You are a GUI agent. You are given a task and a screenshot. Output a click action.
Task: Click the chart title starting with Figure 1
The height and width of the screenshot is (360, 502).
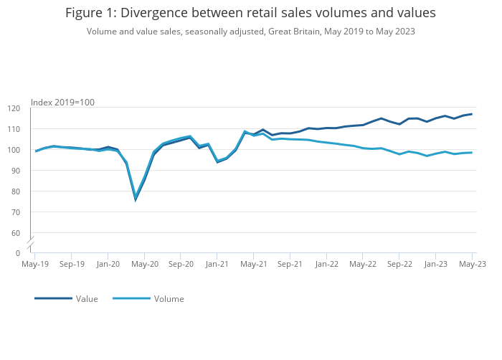tap(250, 13)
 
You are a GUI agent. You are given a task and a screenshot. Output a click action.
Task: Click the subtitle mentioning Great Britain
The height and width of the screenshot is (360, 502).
tap(250, 32)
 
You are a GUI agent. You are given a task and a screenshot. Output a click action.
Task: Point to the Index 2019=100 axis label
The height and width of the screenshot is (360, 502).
tap(62, 103)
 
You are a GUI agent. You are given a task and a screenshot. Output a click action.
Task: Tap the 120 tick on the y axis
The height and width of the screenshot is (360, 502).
tap(14, 108)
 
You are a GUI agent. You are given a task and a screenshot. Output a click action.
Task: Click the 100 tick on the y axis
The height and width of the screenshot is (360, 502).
tap(14, 150)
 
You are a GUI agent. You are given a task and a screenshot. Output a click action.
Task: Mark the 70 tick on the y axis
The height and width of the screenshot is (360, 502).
tap(16, 212)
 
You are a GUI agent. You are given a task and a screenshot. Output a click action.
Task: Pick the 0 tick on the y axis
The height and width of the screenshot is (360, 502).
tap(18, 253)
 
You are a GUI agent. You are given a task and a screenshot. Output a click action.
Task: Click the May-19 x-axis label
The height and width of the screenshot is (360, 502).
tap(35, 264)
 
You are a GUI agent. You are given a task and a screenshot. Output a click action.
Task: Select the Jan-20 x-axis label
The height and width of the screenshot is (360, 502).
tap(108, 264)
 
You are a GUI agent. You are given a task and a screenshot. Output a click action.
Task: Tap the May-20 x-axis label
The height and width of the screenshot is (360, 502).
tap(144, 264)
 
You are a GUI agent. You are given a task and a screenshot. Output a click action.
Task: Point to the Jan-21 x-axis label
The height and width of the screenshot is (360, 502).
tap(217, 264)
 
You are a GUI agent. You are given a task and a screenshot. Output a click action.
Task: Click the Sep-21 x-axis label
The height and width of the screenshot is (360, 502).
tap(290, 264)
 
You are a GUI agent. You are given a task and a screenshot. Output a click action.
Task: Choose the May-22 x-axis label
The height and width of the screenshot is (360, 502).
tap(362, 264)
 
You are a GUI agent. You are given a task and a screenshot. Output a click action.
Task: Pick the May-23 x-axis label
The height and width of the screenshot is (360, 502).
tap(472, 264)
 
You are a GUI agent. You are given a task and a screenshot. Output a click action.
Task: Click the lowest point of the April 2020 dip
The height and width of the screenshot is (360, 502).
tap(136, 199)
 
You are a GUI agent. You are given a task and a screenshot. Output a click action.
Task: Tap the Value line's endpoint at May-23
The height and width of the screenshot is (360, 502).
tap(472, 114)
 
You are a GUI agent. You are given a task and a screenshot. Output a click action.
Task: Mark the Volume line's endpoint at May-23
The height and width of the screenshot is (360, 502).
tap(472, 152)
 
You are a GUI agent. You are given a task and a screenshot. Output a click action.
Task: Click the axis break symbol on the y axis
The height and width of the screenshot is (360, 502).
tap(30, 244)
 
